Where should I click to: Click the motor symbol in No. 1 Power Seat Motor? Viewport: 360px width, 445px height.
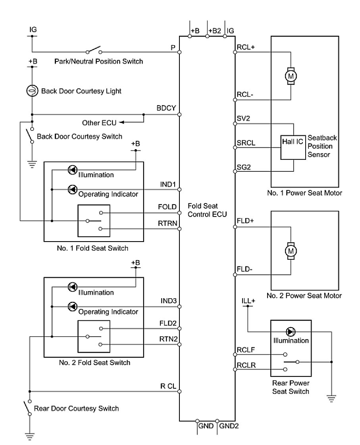click(291, 75)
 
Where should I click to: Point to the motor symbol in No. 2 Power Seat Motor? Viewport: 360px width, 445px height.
click(291, 250)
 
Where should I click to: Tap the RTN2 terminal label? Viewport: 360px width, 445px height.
click(167, 338)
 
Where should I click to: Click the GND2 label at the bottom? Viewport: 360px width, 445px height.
click(229, 427)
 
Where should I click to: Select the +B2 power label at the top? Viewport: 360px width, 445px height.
click(214, 31)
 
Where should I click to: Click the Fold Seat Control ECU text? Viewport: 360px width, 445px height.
click(207, 211)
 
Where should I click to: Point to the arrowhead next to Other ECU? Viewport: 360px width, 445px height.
click(121, 122)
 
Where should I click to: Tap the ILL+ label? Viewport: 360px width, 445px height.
click(248, 301)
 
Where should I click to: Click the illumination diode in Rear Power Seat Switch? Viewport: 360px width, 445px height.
click(291, 332)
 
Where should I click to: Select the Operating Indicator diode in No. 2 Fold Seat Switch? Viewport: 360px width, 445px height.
click(72, 306)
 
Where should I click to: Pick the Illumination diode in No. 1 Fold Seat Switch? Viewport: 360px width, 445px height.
click(72, 170)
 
